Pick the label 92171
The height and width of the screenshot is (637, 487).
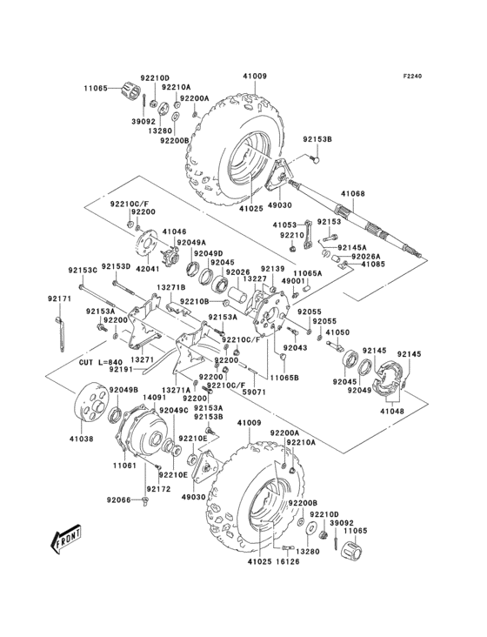[x=58, y=298]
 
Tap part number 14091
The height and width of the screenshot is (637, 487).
[x=154, y=397]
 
